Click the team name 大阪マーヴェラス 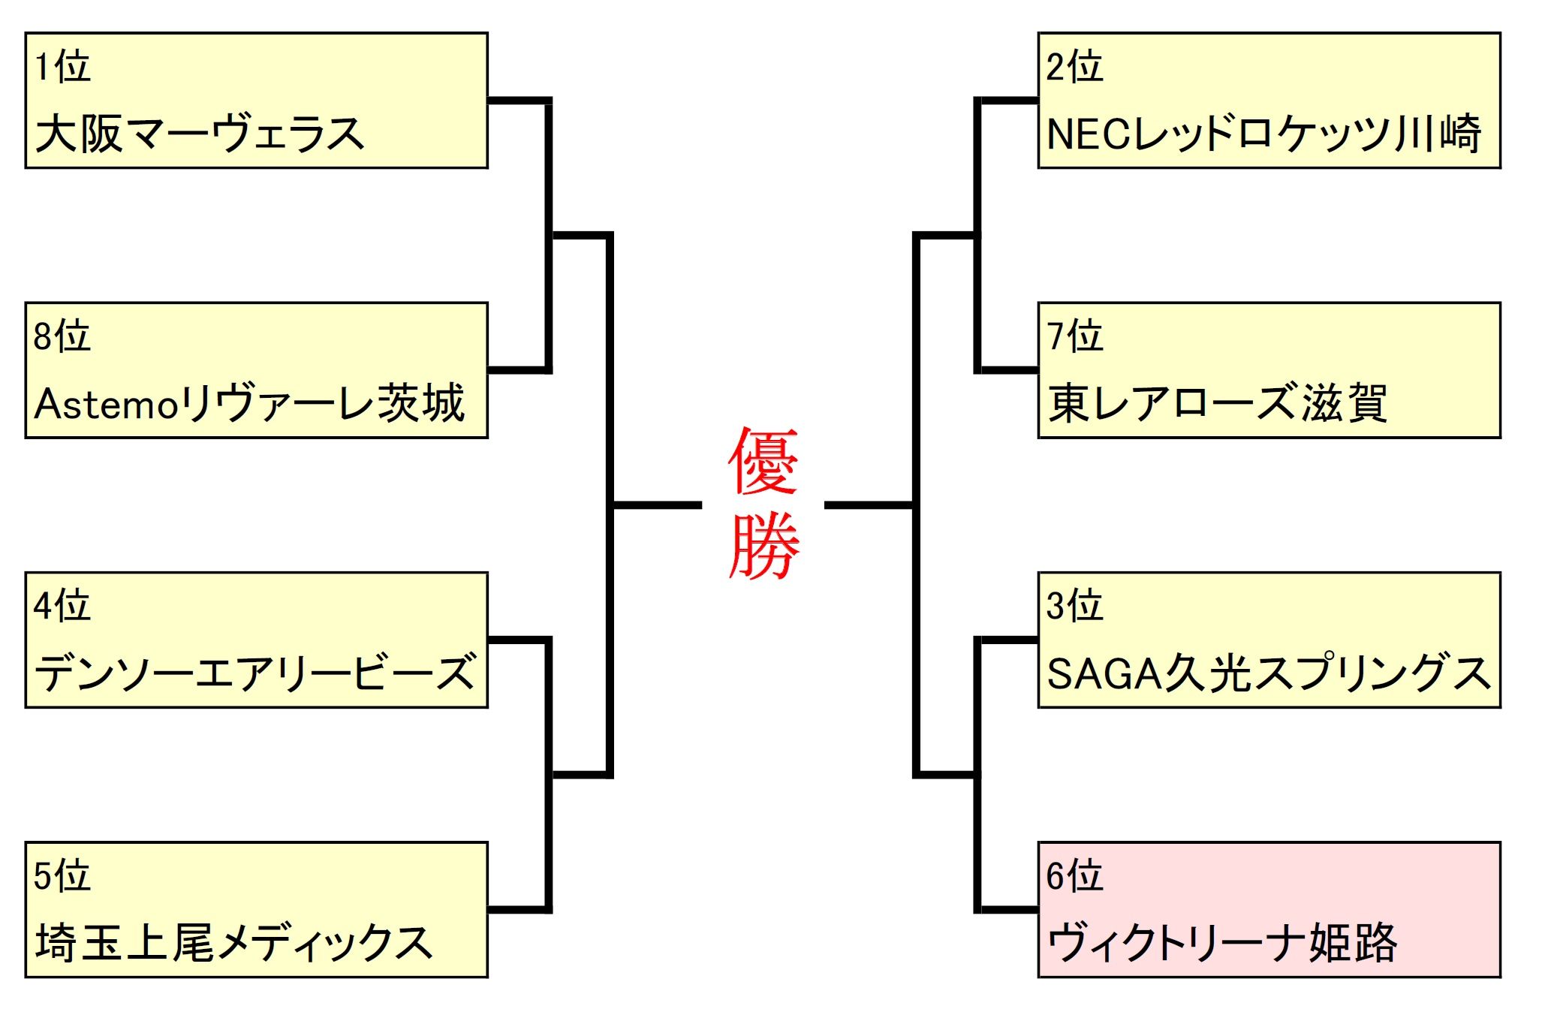point(200,134)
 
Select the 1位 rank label point(62,66)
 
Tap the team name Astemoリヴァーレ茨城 point(249,404)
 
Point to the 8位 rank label point(62,336)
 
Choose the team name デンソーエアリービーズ point(255,673)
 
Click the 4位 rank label point(62,605)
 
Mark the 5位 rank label point(62,875)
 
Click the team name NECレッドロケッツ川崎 point(1263,134)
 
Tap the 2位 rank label point(1074,66)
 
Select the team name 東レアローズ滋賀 point(1217,404)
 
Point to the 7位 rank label point(1074,336)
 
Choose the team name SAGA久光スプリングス point(1268,673)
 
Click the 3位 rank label point(1074,605)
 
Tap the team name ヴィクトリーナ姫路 point(1221,943)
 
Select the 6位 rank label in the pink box point(1074,875)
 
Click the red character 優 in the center point(763,461)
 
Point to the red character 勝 point(763,546)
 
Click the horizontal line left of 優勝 point(657,505)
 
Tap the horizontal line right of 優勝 point(869,505)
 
